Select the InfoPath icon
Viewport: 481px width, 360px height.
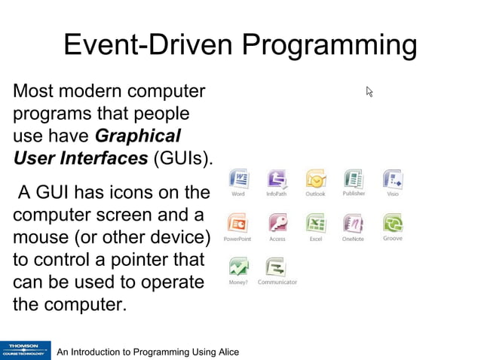tap(277, 179)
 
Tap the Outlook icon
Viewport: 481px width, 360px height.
tap(315, 179)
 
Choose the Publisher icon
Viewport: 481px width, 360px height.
tap(354, 179)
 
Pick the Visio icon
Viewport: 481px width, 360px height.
tap(393, 179)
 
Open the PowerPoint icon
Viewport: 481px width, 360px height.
tap(237, 224)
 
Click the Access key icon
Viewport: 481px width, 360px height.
tap(277, 224)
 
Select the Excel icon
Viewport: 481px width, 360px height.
tap(315, 224)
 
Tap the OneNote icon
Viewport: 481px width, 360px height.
tap(353, 224)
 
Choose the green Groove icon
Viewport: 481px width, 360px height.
tap(393, 223)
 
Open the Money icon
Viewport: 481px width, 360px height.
tap(238, 267)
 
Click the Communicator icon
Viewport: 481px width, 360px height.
tap(277, 267)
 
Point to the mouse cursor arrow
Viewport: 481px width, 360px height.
tap(369, 92)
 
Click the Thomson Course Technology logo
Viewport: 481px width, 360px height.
tap(25, 350)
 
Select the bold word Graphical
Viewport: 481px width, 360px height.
tap(138, 136)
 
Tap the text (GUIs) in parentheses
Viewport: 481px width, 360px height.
tap(183, 158)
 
